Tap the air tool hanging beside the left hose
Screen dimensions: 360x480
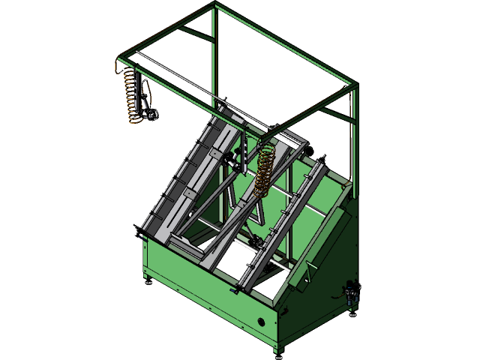click(148, 101)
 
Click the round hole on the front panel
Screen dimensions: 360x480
click(262, 320)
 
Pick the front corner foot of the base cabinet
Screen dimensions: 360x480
click(278, 349)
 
